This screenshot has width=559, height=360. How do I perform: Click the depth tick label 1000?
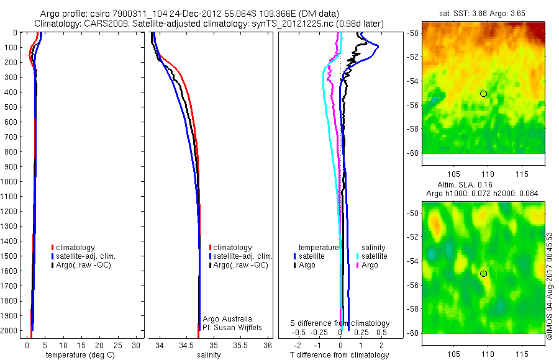[11, 182]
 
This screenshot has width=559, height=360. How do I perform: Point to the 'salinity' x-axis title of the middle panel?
[209, 355]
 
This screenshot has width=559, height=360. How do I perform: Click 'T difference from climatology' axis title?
[340, 355]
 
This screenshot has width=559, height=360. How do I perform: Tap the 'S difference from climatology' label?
[340, 323]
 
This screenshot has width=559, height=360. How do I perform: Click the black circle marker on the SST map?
[483, 94]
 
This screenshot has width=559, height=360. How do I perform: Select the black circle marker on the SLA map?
[483, 273]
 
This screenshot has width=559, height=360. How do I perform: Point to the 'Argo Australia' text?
[227, 318]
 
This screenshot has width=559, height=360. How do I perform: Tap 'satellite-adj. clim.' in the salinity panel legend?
[243, 256]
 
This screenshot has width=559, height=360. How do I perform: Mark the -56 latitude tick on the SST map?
[414, 105]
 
